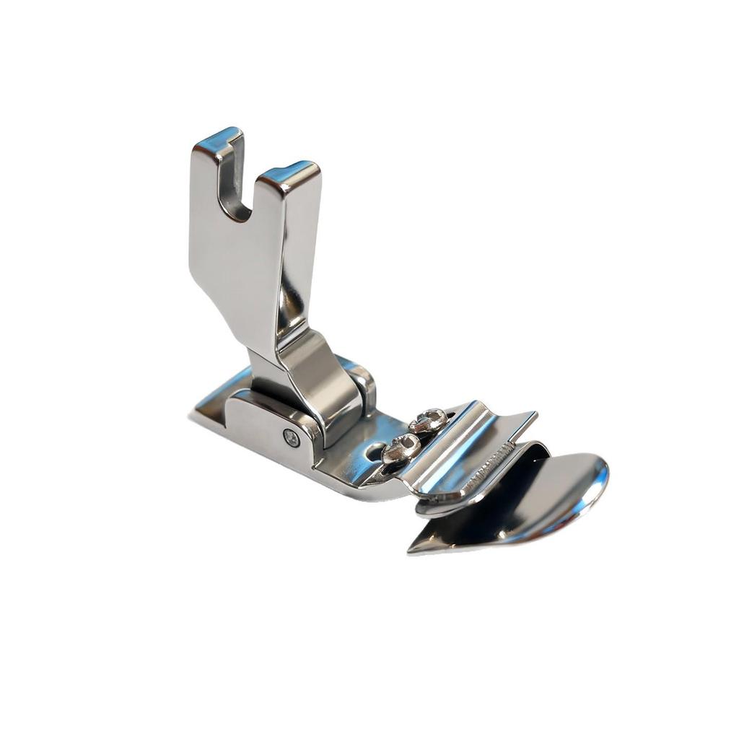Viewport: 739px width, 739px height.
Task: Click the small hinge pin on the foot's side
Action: (292, 438)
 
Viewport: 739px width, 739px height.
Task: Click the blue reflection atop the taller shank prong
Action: (215, 137)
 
